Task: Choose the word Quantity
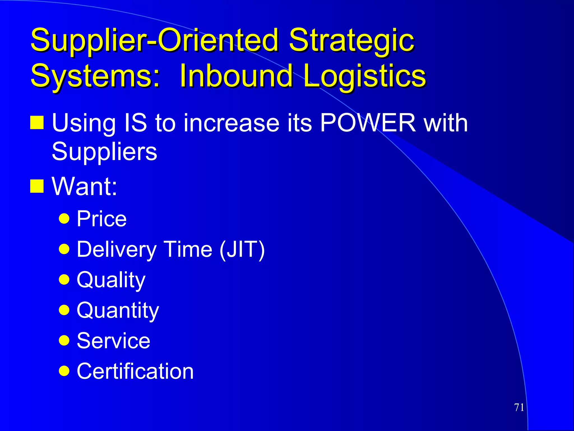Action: point(118,310)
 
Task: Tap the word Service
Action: point(113,341)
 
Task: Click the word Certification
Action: point(135,371)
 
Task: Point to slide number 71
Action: point(519,407)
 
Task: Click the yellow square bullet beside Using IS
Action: point(37,123)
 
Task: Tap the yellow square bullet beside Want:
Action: point(37,186)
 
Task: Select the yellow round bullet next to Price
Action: point(64,218)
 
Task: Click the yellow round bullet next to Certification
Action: point(64,371)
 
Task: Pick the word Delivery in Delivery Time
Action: point(117,249)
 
